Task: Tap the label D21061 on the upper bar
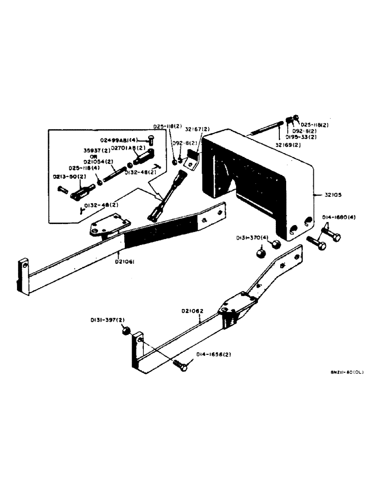click(125, 261)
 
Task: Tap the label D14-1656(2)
click(214, 354)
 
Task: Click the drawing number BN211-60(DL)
click(346, 372)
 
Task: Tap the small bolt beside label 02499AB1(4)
click(150, 141)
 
